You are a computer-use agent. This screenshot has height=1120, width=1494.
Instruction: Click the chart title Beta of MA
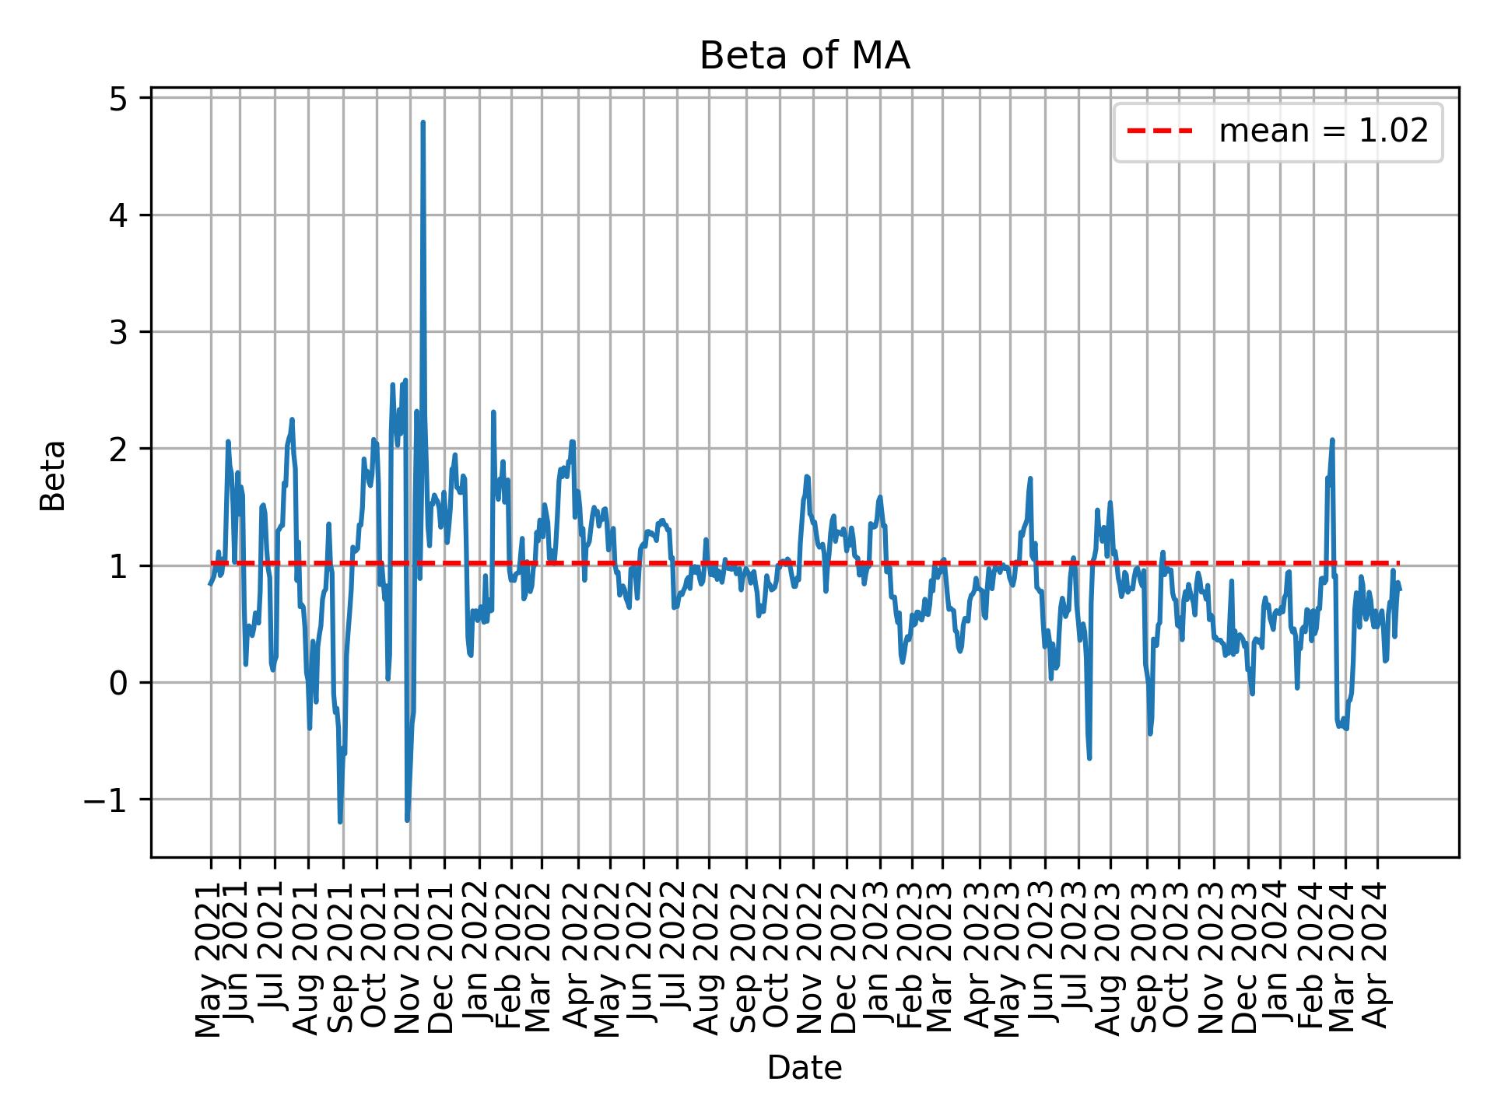tap(805, 57)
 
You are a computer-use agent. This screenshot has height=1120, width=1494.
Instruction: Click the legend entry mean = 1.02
tap(1323, 132)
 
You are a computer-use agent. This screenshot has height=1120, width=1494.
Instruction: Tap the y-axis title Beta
tap(53, 475)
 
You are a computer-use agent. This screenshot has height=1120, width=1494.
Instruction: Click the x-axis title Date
tap(805, 1069)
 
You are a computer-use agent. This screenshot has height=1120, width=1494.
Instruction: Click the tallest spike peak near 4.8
tap(423, 123)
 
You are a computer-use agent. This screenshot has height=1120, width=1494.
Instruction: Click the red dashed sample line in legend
tap(1159, 132)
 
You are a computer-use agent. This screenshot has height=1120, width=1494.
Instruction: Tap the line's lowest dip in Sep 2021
tap(340, 821)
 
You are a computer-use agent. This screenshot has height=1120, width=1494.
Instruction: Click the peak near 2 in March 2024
tap(1332, 440)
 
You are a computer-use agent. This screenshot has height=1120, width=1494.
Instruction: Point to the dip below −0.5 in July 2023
tap(1089, 758)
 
